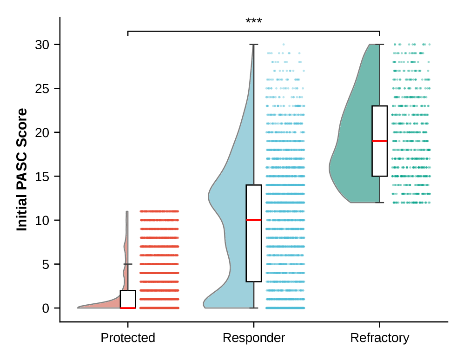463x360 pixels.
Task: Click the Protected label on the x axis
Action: pyautogui.click(x=128, y=338)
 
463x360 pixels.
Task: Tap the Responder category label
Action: pyautogui.click(x=254, y=338)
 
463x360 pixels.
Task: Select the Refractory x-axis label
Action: pyautogui.click(x=380, y=338)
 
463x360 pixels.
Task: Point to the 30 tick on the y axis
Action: pyautogui.click(x=42, y=45)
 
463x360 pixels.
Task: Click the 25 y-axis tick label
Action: pyautogui.click(x=42, y=89)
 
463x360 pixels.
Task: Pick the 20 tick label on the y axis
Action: pyautogui.click(x=42, y=132)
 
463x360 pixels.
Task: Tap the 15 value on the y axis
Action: pyautogui.click(x=42, y=177)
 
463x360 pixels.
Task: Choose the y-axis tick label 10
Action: pyautogui.click(x=42, y=220)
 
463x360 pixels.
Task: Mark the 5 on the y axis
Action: pyautogui.click(x=45, y=264)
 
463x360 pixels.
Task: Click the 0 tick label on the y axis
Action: pyautogui.click(x=45, y=308)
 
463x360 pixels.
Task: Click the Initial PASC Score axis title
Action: pyautogui.click(x=22, y=170)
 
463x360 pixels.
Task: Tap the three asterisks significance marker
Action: pyautogui.click(x=254, y=21)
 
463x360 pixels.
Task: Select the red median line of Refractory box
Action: pyautogui.click(x=380, y=141)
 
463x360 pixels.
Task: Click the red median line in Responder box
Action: pyautogui.click(x=254, y=220)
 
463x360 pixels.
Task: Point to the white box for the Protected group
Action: pyautogui.click(x=128, y=299)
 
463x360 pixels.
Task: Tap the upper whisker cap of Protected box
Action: pyautogui.click(x=128, y=264)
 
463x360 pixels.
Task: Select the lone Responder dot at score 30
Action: pyautogui.click(x=284, y=45)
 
